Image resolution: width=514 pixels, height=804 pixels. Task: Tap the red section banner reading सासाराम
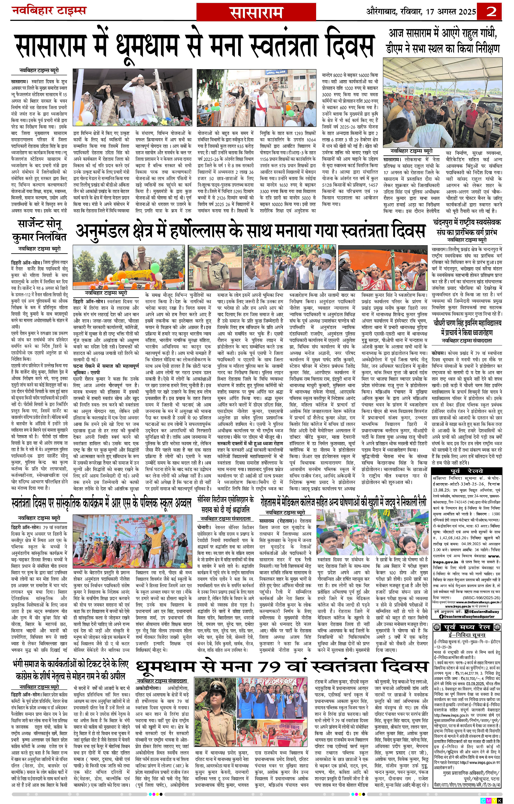pos(256,13)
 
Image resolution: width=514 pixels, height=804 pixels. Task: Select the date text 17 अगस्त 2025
pos(451,12)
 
